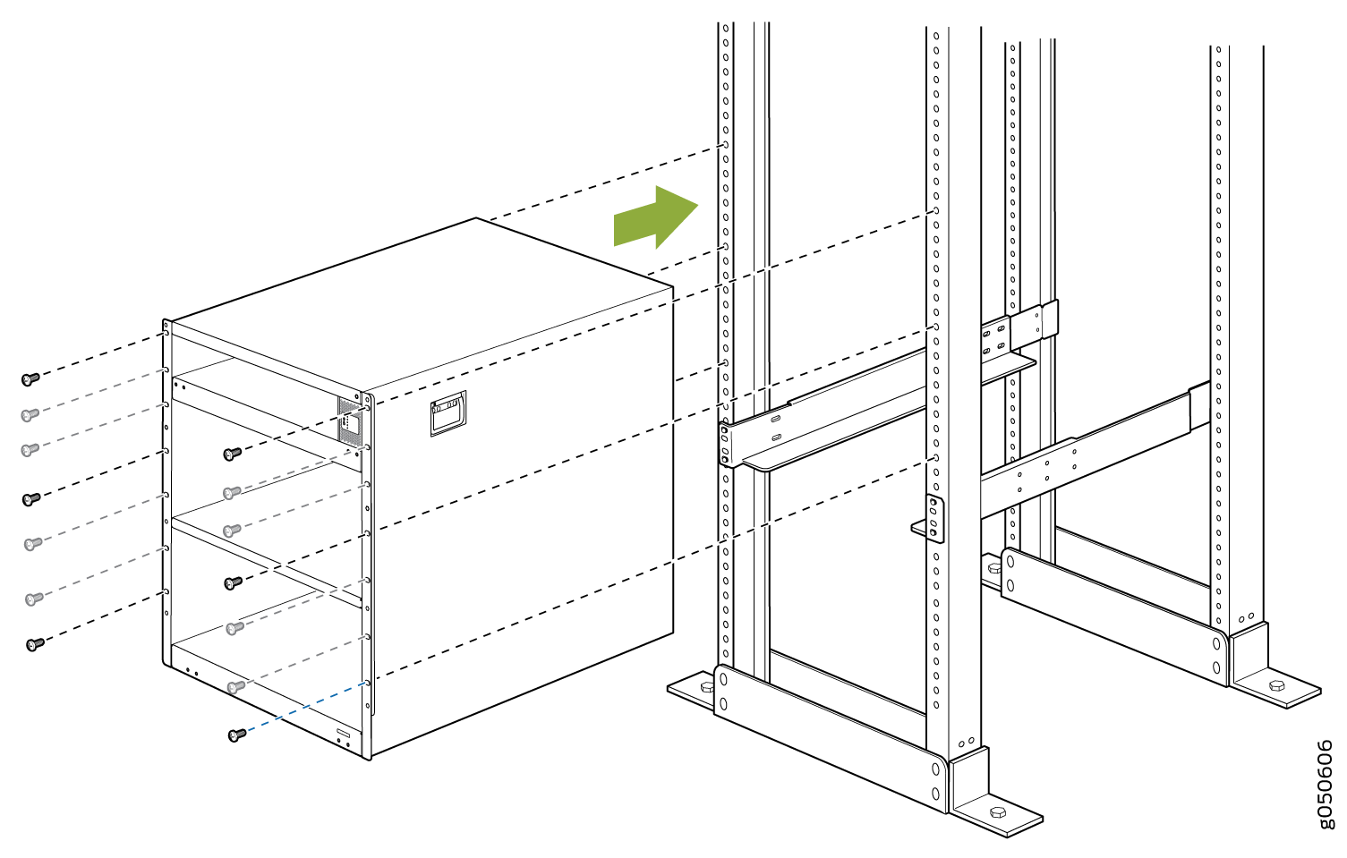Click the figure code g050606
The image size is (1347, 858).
[1324, 784]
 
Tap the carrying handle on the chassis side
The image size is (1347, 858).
[448, 413]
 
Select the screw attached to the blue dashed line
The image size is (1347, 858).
[237, 735]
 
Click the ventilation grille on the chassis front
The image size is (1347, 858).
[349, 421]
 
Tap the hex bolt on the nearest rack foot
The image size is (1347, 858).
[998, 812]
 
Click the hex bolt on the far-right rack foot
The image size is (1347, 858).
[1276, 685]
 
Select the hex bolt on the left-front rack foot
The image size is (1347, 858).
[707, 686]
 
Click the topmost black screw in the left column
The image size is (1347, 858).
[30, 378]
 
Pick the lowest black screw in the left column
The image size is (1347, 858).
[35, 644]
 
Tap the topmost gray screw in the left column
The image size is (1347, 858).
[30, 415]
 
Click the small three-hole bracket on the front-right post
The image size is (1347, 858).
[934, 519]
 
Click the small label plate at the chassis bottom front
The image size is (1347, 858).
[343, 733]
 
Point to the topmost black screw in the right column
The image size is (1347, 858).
[232, 454]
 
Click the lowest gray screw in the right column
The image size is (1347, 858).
[235, 686]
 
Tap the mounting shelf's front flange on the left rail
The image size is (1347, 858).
[725, 445]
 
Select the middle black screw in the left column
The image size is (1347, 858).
[30, 499]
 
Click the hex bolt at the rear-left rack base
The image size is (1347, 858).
[994, 567]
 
